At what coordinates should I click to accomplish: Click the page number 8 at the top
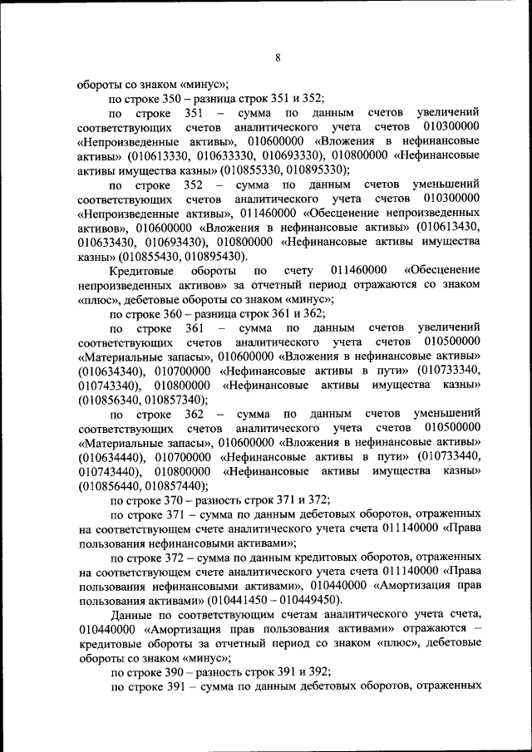point(278,57)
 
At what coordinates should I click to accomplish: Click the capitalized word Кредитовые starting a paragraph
point(141,270)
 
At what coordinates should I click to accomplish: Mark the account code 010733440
point(450,457)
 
